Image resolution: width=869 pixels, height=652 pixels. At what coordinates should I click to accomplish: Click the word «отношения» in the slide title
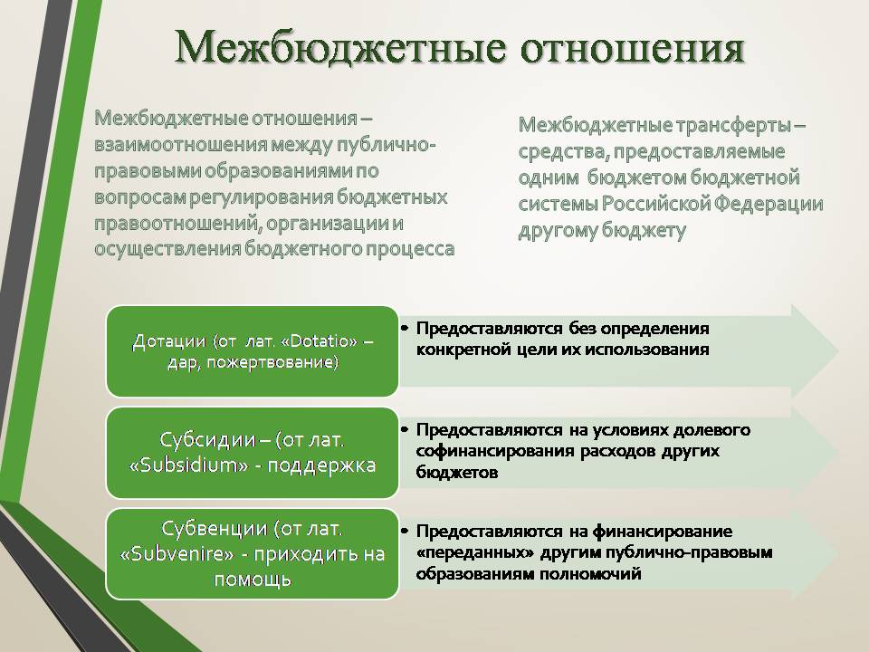coord(633,48)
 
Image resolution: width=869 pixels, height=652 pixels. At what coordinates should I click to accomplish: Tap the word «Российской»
coord(655,204)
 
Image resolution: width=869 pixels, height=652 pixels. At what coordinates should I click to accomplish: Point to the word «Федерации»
coord(769,204)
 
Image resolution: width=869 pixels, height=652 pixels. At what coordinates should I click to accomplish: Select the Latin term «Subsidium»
coord(188,465)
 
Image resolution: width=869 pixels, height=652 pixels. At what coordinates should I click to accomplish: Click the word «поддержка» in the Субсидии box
coord(321,465)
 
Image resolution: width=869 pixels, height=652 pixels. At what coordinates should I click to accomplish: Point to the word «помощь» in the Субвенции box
coord(253,580)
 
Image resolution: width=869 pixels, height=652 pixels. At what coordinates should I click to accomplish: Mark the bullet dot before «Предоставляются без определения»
coord(405,328)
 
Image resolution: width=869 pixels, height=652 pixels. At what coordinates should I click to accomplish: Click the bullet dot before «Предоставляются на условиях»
coord(405,429)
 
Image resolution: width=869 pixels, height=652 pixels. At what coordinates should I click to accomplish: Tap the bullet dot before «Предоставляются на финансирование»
coord(405,532)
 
